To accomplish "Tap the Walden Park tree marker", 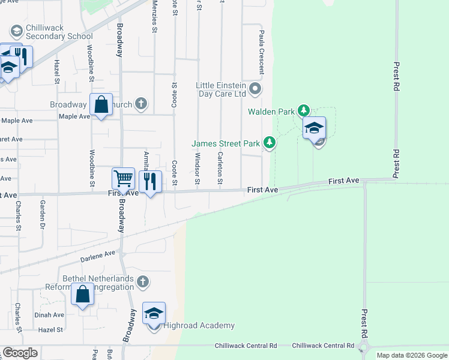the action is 304,110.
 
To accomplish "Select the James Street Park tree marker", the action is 270,142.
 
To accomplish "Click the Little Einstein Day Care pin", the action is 256,90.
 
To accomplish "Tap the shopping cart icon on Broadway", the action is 123,178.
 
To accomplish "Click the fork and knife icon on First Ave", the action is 151,181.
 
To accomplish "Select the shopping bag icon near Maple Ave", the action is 101,104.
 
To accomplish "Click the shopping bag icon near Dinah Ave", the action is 82,295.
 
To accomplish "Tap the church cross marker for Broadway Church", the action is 141,104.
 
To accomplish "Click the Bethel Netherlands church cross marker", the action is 142,281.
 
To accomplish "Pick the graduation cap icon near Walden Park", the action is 314,128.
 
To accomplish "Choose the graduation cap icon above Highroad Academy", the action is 154,313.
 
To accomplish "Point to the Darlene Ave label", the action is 97,256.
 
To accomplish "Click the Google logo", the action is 20,353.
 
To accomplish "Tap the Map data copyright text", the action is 411,355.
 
